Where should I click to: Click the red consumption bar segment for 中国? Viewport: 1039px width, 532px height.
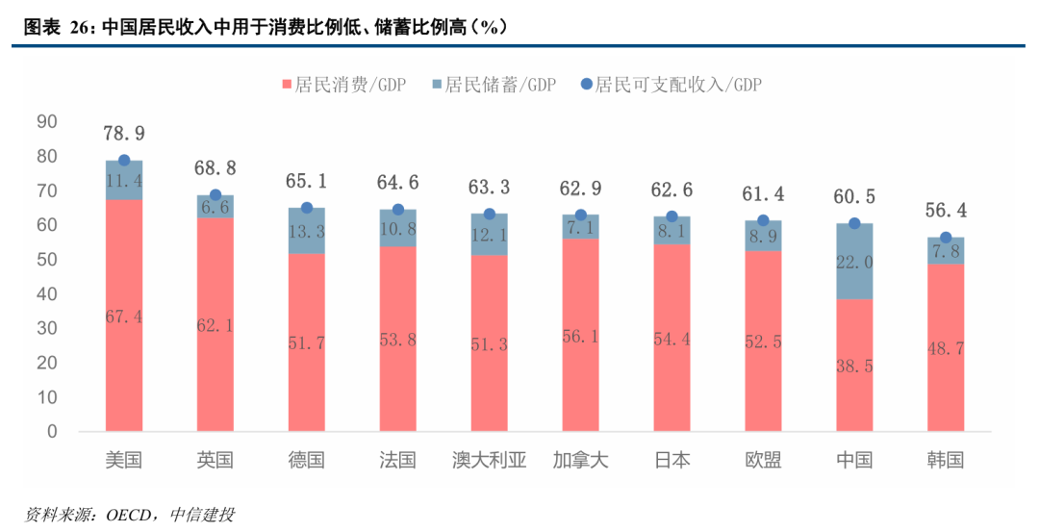pyautogui.click(x=854, y=365)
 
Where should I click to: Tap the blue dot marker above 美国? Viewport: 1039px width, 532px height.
pyautogui.click(x=124, y=161)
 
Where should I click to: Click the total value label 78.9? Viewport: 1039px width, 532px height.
pyautogui.click(x=124, y=134)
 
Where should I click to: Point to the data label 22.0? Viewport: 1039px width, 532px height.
pyautogui.click(x=854, y=263)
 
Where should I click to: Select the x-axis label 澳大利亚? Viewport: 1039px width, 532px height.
pyautogui.click(x=489, y=460)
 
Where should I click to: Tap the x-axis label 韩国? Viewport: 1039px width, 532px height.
pyautogui.click(x=945, y=460)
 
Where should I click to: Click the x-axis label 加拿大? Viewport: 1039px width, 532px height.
pyautogui.click(x=580, y=460)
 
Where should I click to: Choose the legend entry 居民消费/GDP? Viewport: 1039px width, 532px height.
pyautogui.click(x=342, y=85)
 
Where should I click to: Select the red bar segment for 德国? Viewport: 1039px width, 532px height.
pyautogui.click(x=306, y=342)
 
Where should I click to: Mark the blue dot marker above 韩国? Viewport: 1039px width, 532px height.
pyautogui.click(x=946, y=238)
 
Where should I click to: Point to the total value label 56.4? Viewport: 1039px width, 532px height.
pyautogui.click(x=946, y=211)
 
